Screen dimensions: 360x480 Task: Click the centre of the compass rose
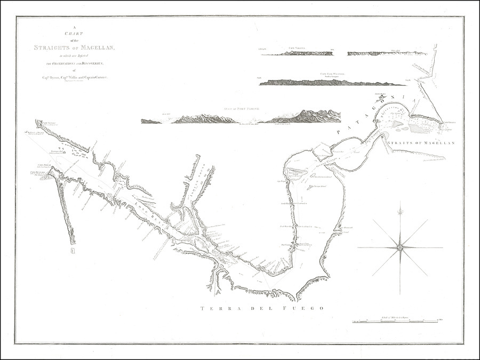399,247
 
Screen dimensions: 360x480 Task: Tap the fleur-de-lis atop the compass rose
399,211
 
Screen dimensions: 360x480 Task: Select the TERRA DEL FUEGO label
262,309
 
